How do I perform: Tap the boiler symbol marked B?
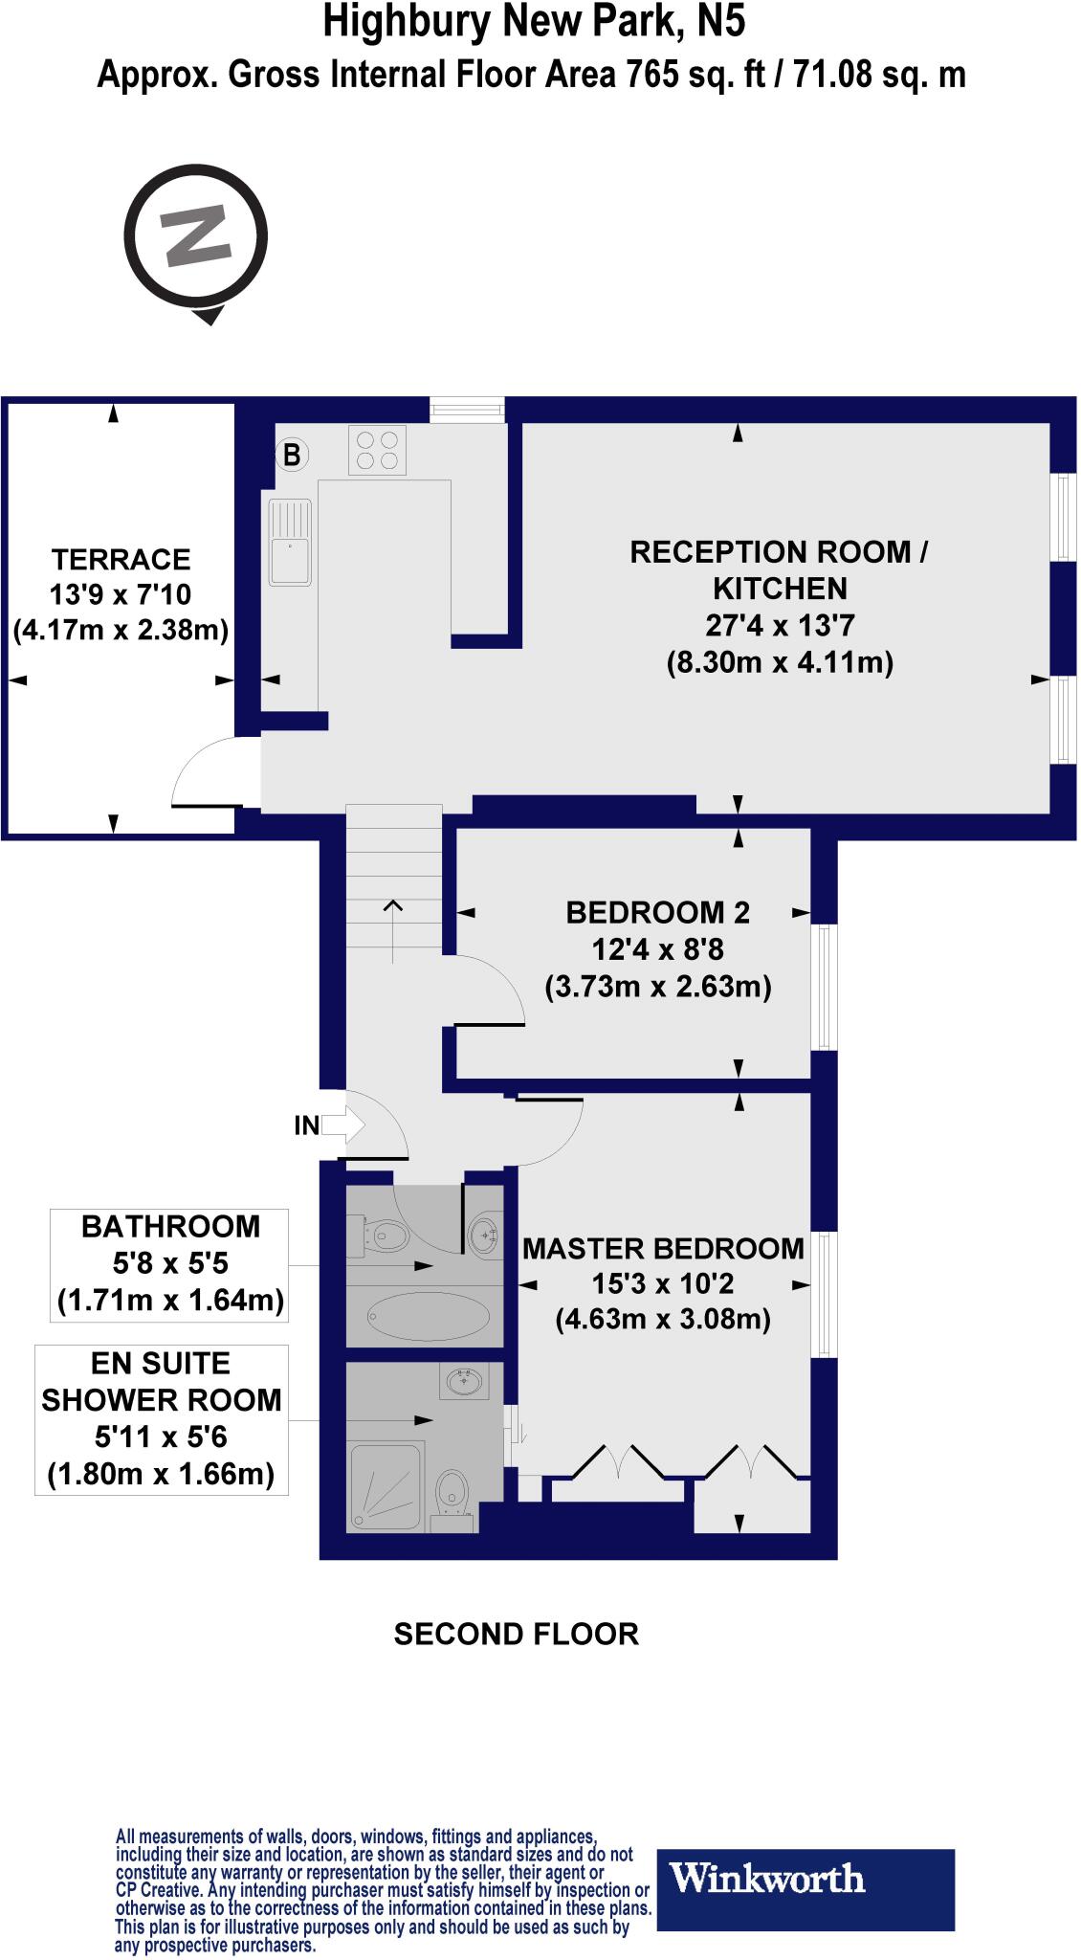[x=291, y=455]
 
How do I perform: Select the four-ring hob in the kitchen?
[x=376, y=450]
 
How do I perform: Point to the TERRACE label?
[x=121, y=559]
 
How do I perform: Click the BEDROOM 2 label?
[x=657, y=912]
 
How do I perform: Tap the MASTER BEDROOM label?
[x=663, y=1248]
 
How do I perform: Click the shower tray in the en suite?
[x=386, y=1486]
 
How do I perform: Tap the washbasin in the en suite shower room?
[x=467, y=1381]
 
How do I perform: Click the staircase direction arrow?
[x=392, y=920]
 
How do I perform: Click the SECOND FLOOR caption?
[x=516, y=1634]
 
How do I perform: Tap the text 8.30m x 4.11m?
[x=780, y=662]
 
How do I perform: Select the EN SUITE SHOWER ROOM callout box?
[x=162, y=1418]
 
